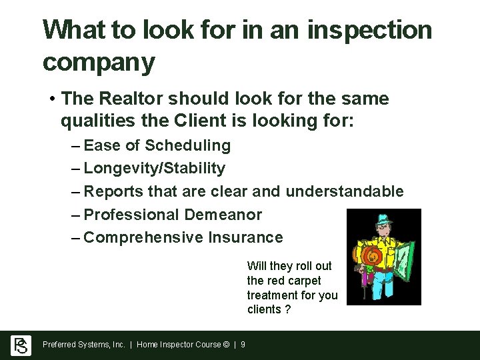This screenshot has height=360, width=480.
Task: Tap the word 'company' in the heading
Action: [x=99, y=63]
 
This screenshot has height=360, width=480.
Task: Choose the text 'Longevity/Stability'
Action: [x=155, y=168]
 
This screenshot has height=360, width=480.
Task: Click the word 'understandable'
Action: [x=345, y=191]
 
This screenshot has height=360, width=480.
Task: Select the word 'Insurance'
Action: [x=246, y=237]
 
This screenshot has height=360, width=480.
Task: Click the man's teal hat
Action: [x=382, y=219]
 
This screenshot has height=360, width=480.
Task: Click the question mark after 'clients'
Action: [x=287, y=309]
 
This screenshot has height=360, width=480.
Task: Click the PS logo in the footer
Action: [x=21, y=345]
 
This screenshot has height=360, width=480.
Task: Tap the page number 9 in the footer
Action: [x=243, y=345]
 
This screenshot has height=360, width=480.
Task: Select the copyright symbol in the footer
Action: [x=227, y=345]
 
